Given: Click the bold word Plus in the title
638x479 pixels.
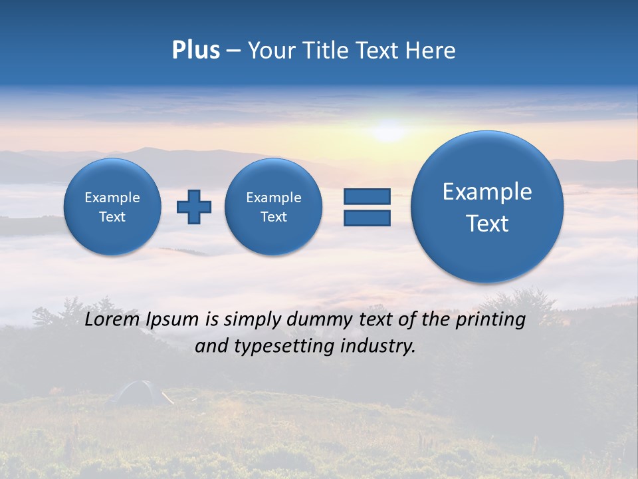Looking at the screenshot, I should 196,51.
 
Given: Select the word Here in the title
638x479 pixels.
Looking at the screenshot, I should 431,51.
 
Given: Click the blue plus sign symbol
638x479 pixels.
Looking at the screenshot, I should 194,207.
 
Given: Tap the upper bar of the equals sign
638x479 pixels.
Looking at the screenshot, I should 367,196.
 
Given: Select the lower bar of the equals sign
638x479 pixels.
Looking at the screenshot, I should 367,218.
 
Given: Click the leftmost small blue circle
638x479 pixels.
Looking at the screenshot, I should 112,207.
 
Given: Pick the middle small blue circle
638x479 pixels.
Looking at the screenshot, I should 274,207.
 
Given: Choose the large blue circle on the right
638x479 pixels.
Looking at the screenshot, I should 487,207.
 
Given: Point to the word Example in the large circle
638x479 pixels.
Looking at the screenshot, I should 487,192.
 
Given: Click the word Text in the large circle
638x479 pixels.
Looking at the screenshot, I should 487,224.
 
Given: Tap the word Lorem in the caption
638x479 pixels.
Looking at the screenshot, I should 111,320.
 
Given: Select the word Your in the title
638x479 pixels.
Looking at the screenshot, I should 272,51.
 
